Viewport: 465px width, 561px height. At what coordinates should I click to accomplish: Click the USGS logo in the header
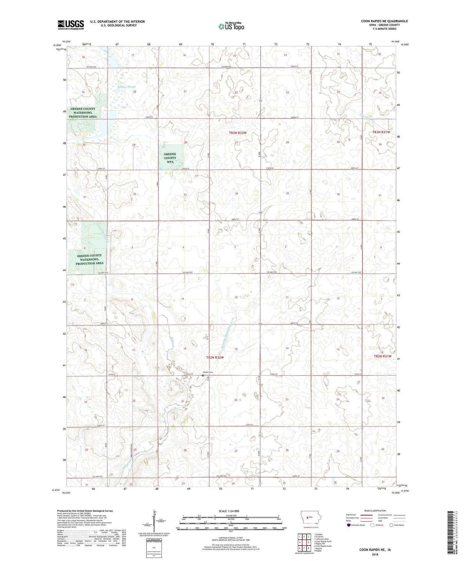coord(71,25)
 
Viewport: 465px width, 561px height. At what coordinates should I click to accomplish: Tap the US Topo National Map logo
coord(231,26)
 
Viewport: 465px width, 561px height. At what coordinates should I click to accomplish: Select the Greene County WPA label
coord(170,158)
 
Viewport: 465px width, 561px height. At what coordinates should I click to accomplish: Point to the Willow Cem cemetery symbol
coord(203,375)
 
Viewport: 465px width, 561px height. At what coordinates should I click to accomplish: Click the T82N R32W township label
coord(215,357)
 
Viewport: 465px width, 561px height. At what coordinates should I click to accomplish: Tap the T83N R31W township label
coord(381,132)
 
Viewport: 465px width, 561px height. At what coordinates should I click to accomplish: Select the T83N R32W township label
coord(238,133)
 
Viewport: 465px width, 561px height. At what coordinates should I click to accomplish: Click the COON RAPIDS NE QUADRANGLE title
coord(384,21)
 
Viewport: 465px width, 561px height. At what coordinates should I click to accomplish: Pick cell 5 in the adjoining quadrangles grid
coord(308,542)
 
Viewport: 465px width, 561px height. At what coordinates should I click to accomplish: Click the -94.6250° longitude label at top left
coord(66,41)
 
